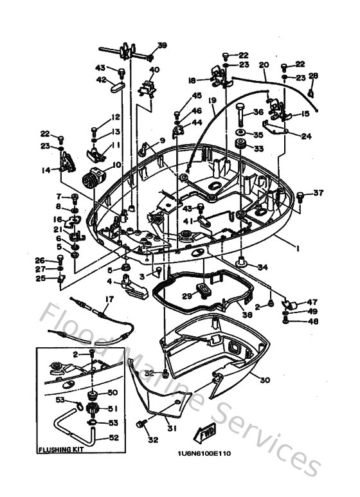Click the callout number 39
tap(162, 45)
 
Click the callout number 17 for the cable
tap(109, 298)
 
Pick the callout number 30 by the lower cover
tap(265, 380)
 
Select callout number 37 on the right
tap(319, 192)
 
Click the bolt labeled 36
tap(240, 117)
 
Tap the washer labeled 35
tap(240, 136)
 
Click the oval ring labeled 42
tap(119, 86)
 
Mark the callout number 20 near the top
tap(263, 65)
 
